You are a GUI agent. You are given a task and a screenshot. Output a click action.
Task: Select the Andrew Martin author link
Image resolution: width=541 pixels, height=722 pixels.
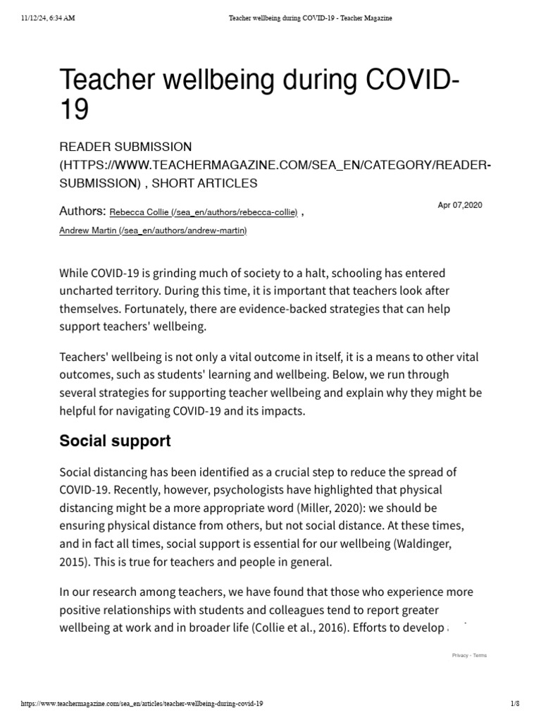coord(153,231)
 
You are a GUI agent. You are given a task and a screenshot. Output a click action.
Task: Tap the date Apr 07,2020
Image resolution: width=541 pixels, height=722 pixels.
coord(460,205)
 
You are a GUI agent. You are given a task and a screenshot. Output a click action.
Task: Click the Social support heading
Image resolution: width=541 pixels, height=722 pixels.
coord(115,441)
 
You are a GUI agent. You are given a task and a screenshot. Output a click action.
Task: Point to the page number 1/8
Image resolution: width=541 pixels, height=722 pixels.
coord(514,704)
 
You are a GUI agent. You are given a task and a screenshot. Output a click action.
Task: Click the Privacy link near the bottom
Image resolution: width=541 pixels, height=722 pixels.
coord(460,656)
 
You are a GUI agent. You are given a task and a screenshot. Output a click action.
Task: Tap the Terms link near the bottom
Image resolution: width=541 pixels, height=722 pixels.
coord(480,656)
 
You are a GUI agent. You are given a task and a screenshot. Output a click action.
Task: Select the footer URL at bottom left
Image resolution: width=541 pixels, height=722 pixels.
coord(143,704)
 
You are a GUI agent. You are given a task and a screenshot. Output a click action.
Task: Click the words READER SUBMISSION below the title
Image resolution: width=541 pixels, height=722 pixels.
coord(125,146)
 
